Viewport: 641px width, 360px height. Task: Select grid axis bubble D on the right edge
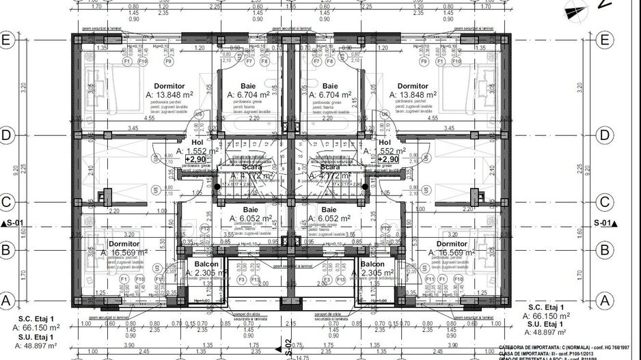[604, 135]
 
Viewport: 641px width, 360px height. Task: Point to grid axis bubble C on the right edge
[604, 202]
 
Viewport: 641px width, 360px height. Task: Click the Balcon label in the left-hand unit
[206, 264]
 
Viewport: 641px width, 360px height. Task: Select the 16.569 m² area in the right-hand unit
[456, 253]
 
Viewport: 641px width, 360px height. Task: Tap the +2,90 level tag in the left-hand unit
[195, 158]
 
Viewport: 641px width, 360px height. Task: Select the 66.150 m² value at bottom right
[547, 316]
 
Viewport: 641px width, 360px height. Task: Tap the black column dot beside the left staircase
[217, 186]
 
